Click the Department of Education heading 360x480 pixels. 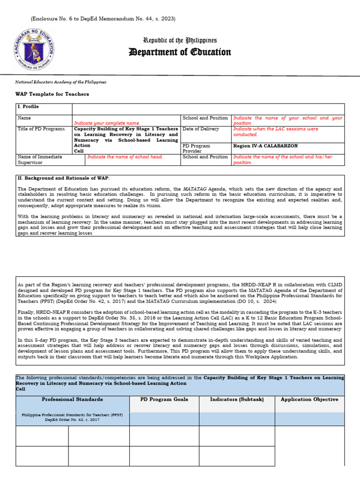(180, 52)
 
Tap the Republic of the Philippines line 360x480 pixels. (180, 40)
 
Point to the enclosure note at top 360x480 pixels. (103, 19)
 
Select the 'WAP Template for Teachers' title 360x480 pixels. (52, 94)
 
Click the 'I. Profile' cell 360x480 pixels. (29, 107)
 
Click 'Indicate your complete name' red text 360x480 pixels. (106, 123)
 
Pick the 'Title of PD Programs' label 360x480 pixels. (41, 129)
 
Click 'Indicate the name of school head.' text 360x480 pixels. (125, 157)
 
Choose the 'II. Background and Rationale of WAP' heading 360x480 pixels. (63, 179)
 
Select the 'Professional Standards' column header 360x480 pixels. (72, 399)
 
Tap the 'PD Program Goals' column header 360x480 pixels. (164, 399)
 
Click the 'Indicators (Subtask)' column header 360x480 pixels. (237, 399)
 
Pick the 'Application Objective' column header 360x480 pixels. (309, 399)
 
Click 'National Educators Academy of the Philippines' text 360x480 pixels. (61, 82)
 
